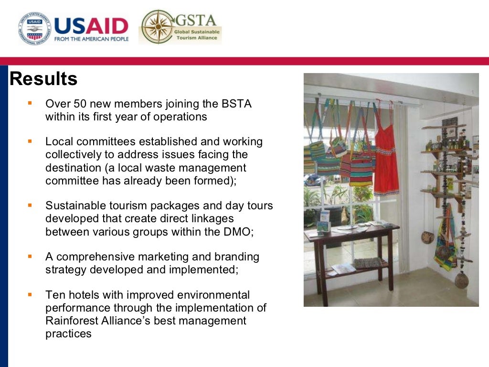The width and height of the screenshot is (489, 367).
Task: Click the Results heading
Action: (43, 79)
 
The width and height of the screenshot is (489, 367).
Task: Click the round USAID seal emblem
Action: (34, 28)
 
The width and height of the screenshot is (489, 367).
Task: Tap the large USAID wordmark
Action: (91, 25)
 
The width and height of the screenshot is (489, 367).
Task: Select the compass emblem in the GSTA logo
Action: (156, 27)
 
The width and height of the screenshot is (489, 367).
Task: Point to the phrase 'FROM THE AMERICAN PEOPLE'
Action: (91, 39)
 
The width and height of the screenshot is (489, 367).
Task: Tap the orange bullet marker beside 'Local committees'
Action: (30, 141)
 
